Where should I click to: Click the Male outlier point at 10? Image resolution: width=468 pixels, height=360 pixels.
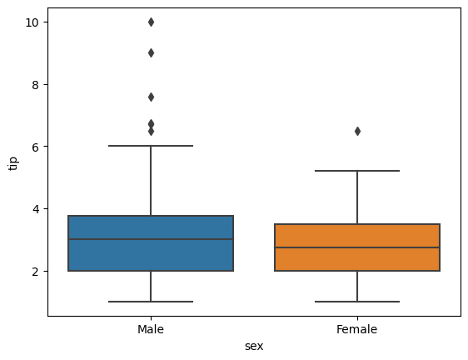pos(151,22)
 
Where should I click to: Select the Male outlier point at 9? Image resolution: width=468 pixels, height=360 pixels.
pos(151,52)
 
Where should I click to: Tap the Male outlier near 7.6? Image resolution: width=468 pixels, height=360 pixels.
pos(151,97)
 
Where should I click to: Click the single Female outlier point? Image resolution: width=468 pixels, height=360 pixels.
pos(357,131)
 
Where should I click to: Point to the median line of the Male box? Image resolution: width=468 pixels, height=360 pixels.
pos(151,239)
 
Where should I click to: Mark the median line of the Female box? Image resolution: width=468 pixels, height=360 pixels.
pos(357,247)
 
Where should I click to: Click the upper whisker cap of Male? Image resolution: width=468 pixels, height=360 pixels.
pos(151,146)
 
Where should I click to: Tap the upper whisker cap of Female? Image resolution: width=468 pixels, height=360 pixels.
pos(357,171)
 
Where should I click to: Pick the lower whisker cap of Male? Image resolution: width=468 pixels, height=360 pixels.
pos(151,302)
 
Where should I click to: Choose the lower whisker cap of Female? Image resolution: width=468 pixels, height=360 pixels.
pos(357,302)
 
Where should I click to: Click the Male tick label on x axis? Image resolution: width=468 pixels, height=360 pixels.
pos(151,330)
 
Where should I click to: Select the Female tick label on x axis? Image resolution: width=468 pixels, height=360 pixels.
pos(357,330)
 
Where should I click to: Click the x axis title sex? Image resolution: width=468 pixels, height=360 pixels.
pos(254,346)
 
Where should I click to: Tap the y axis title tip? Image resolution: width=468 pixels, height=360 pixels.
pos(12,162)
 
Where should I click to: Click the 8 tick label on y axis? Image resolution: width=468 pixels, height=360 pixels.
pos(37,84)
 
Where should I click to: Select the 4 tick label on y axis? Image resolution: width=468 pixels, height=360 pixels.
pos(37,208)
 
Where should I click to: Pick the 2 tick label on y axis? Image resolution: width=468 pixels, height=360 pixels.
pos(37,271)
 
